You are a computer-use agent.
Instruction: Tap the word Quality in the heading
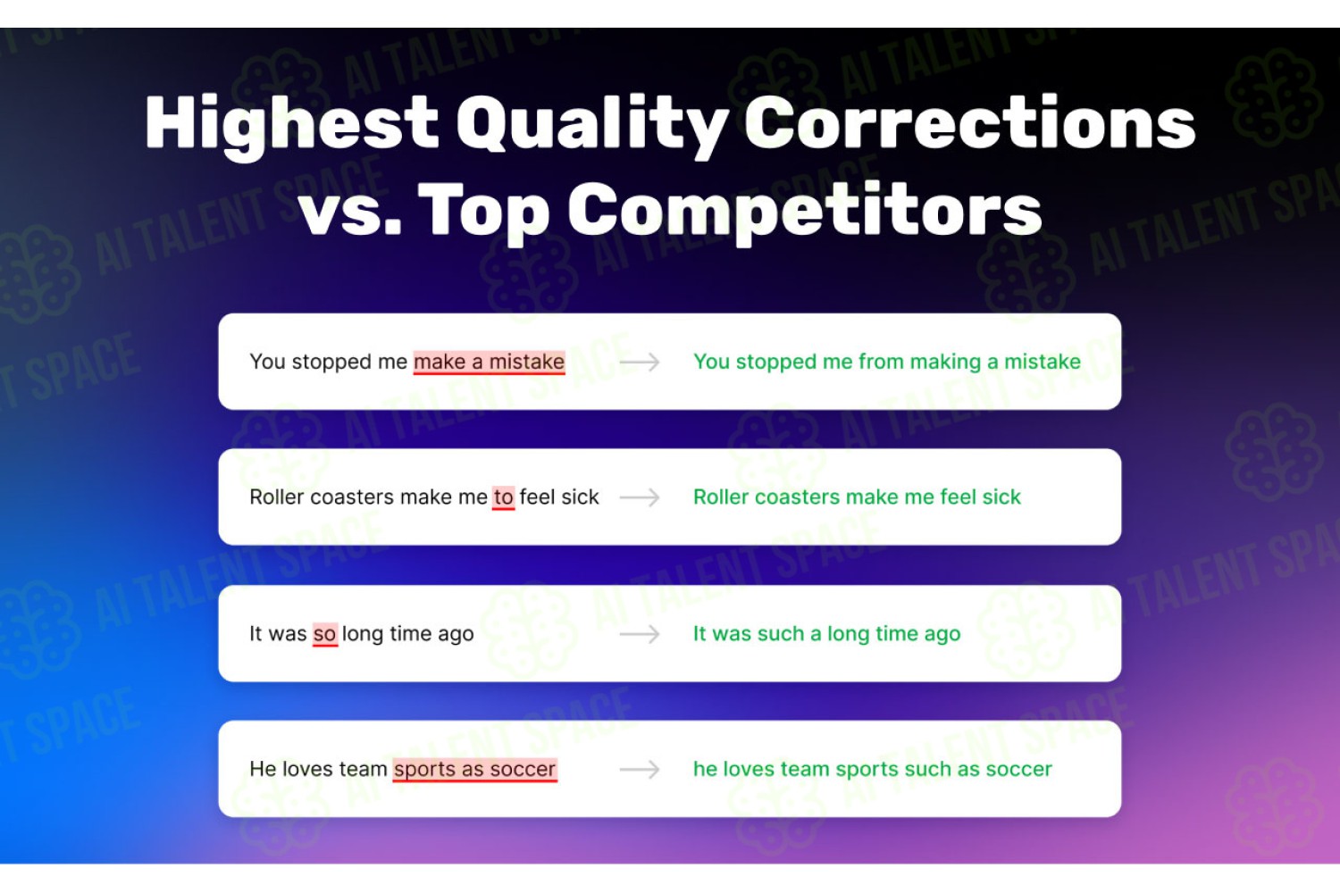(592, 125)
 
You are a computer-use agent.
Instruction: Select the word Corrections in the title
(969, 122)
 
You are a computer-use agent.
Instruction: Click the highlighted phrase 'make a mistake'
(489, 362)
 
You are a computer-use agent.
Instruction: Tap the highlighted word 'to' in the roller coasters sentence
(503, 497)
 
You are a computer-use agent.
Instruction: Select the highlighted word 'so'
(325, 633)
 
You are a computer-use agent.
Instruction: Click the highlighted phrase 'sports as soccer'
(475, 769)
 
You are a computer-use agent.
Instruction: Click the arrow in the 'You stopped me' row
(640, 362)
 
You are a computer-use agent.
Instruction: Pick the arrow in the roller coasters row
(640, 497)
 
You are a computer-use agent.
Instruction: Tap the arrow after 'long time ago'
(640, 633)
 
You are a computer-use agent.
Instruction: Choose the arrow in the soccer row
(640, 769)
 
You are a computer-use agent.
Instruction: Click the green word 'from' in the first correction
(881, 362)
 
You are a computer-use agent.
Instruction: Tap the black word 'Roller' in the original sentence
(276, 497)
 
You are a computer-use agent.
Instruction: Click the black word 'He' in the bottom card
(263, 769)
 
